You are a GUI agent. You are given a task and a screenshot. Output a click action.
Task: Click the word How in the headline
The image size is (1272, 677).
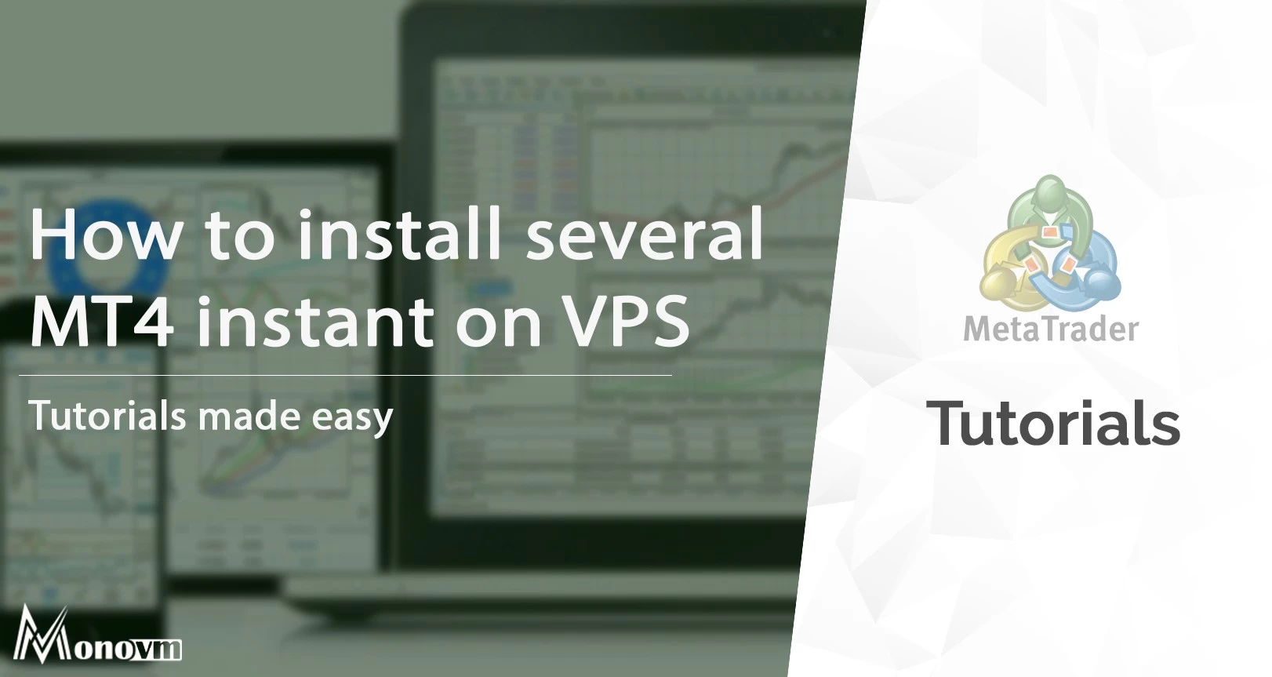pos(104,234)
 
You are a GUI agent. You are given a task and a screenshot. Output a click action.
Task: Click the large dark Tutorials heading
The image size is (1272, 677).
pos(1053,423)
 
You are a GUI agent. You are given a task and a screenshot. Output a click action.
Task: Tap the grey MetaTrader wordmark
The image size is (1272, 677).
pos(1051,329)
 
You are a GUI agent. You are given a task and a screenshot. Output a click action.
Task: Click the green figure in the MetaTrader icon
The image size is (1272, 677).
pos(1049,213)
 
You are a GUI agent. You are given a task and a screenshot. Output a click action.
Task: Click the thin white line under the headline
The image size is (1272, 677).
pos(345,376)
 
